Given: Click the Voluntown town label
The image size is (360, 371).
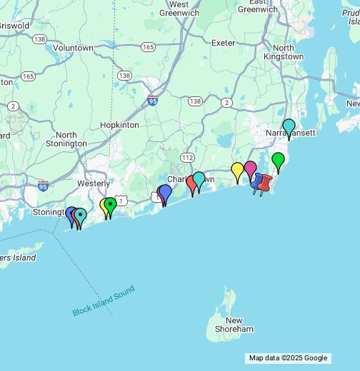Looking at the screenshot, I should click(x=73, y=48).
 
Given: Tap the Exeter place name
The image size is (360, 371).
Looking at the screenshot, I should click(x=223, y=43).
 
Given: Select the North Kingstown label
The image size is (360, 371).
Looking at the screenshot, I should click(x=283, y=53).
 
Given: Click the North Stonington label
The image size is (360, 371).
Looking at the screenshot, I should click(x=66, y=139).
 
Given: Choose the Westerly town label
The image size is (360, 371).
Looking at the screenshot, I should click(x=94, y=183).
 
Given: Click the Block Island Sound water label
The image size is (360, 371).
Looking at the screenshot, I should click(x=103, y=301).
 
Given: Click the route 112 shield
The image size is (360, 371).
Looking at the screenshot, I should click(x=187, y=157).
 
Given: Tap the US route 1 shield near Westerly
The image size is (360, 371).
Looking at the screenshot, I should click(x=122, y=202).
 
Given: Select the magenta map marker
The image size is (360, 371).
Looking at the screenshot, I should click(x=250, y=169).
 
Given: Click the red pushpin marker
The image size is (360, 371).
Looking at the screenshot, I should click(x=265, y=183).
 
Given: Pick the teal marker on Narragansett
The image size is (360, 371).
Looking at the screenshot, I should click(x=289, y=128).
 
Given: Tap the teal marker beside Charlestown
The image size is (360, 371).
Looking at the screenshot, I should click(x=199, y=179).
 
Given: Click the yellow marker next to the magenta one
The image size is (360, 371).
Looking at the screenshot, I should click(x=237, y=171).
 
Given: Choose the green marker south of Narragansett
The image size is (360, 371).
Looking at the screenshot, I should click(x=278, y=161).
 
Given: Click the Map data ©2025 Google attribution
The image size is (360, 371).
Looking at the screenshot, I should click(x=288, y=358).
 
